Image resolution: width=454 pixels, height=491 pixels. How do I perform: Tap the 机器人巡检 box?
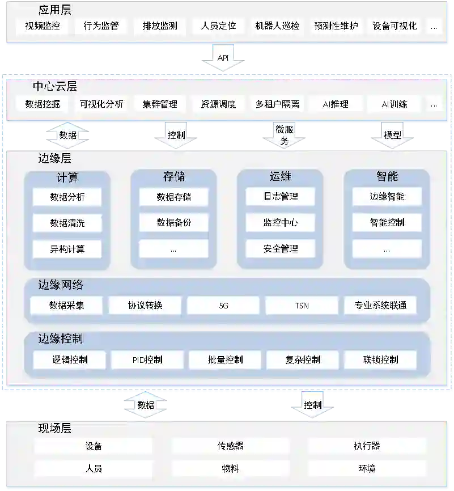[277, 26]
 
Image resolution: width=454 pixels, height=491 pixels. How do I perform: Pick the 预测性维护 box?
[336, 26]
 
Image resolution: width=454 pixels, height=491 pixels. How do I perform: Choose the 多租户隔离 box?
[277, 104]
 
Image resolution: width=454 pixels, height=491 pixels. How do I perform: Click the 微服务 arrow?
[285, 136]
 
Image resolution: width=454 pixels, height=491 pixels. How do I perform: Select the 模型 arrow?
[392, 136]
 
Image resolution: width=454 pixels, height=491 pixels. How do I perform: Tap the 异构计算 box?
[67, 248]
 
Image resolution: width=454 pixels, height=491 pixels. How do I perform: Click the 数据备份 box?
[173, 223]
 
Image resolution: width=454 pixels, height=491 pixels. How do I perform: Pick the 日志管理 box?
[281, 197]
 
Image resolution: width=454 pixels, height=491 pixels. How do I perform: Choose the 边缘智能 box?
[387, 197]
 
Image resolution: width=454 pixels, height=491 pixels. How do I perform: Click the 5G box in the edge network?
[223, 306]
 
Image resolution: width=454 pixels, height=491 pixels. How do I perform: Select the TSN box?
[302, 306]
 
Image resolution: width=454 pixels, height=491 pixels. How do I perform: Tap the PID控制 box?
[147, 359]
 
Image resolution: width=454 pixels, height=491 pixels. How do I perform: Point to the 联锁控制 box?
[380, 359]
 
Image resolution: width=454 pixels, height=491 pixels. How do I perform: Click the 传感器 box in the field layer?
[230, 446]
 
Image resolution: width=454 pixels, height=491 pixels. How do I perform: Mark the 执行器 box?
[367, 446]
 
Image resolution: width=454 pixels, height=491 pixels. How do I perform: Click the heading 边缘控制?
[61, 339]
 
